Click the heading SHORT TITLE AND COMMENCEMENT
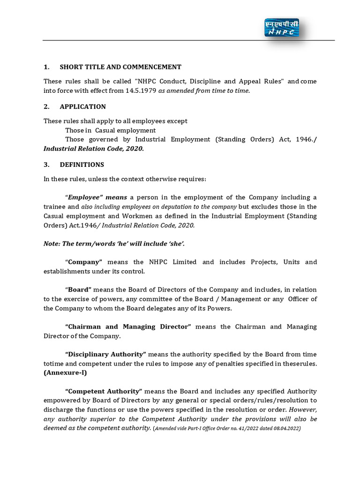pos(120,67)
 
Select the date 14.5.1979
pos(141,90)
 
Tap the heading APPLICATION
pos(82,106)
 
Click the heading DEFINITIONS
pos(82,165)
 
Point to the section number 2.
pos(46,106)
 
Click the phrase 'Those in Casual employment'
pos(110,130)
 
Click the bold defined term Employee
pos(86,197)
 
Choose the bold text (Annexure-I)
pos(65,373)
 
